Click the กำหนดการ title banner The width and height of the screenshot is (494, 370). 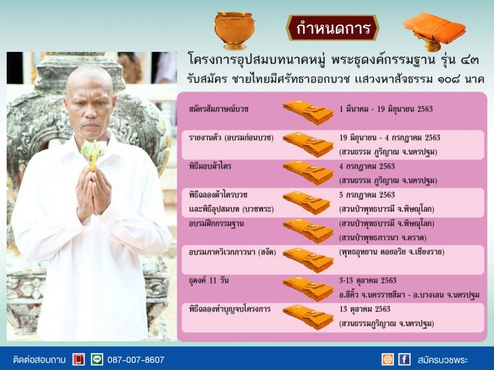pyautogui.click(x=332, y=28)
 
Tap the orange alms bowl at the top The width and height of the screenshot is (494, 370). pyautogui.click(x=234, y=30)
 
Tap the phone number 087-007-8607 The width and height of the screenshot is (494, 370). pyautogui.click(x=135, y=359)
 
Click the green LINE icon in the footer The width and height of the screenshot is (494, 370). pyautogui.click(x=97, y=359)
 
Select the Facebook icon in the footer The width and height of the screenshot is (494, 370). pyautogui.click(x=404, y=359)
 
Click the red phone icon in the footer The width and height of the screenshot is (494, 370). pyautogui.click(x=78, y=359)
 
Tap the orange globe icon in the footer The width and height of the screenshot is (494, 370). pyautogui.click(x=388, y=359)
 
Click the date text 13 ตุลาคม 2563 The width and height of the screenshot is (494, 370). pyautogui.click(x=364, y=309)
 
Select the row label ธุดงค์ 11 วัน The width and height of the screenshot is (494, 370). pyautogui.click(x=209, y=280)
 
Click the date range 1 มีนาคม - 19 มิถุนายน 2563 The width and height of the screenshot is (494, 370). pyautogui.click(x=386, y=109)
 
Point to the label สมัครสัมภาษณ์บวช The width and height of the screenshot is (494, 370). pyautogui.click(x=219, y=109)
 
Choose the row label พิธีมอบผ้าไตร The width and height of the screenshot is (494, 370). pyautogui.click(x=210, y=166)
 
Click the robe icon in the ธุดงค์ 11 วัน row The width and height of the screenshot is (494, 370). pyautogui.click(x=308, y=288)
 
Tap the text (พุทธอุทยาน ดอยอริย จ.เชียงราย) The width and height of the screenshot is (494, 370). pyautogui.click(x=391, y=252)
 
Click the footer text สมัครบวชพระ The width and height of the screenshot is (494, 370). pyautogui.click(x=443, y=360)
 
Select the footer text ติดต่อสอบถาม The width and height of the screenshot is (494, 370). pyautogui.click(x=40, y=360)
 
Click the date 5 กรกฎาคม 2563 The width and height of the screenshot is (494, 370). pyautogui.click(x=367, y=195)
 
